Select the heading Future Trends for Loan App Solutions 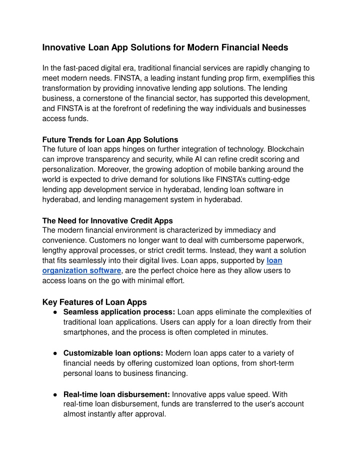[110, 139]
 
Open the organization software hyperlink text [81, 270]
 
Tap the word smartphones [93, 332]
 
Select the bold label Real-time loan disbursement [117, 394]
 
